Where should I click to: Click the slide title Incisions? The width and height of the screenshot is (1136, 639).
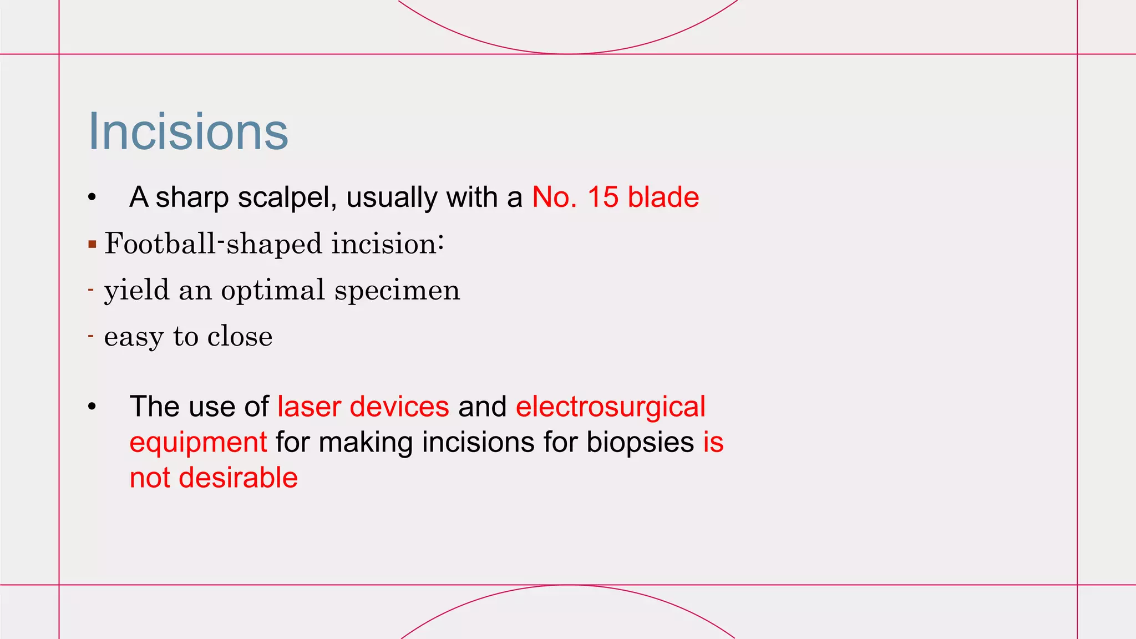point(188,131)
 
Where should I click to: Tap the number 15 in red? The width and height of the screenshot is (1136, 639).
point(602,197)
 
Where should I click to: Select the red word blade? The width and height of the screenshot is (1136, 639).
point(663,197)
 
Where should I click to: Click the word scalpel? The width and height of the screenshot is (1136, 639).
point(287,198)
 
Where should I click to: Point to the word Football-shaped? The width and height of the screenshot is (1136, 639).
point(214,244)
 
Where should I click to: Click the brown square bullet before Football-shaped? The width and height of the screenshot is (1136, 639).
point(92,244)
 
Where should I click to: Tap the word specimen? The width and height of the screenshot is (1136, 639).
point(397,291)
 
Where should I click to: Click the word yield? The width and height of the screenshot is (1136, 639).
point(136,291)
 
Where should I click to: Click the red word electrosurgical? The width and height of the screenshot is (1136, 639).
point(610,407)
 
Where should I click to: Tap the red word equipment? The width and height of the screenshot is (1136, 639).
point(198,443)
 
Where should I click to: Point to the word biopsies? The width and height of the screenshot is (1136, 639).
point(640,442)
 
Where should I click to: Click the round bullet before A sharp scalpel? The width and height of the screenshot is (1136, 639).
point(92,197)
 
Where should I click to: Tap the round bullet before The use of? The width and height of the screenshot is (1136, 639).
point(92,407)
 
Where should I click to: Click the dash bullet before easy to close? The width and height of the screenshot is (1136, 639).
point(90,336)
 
